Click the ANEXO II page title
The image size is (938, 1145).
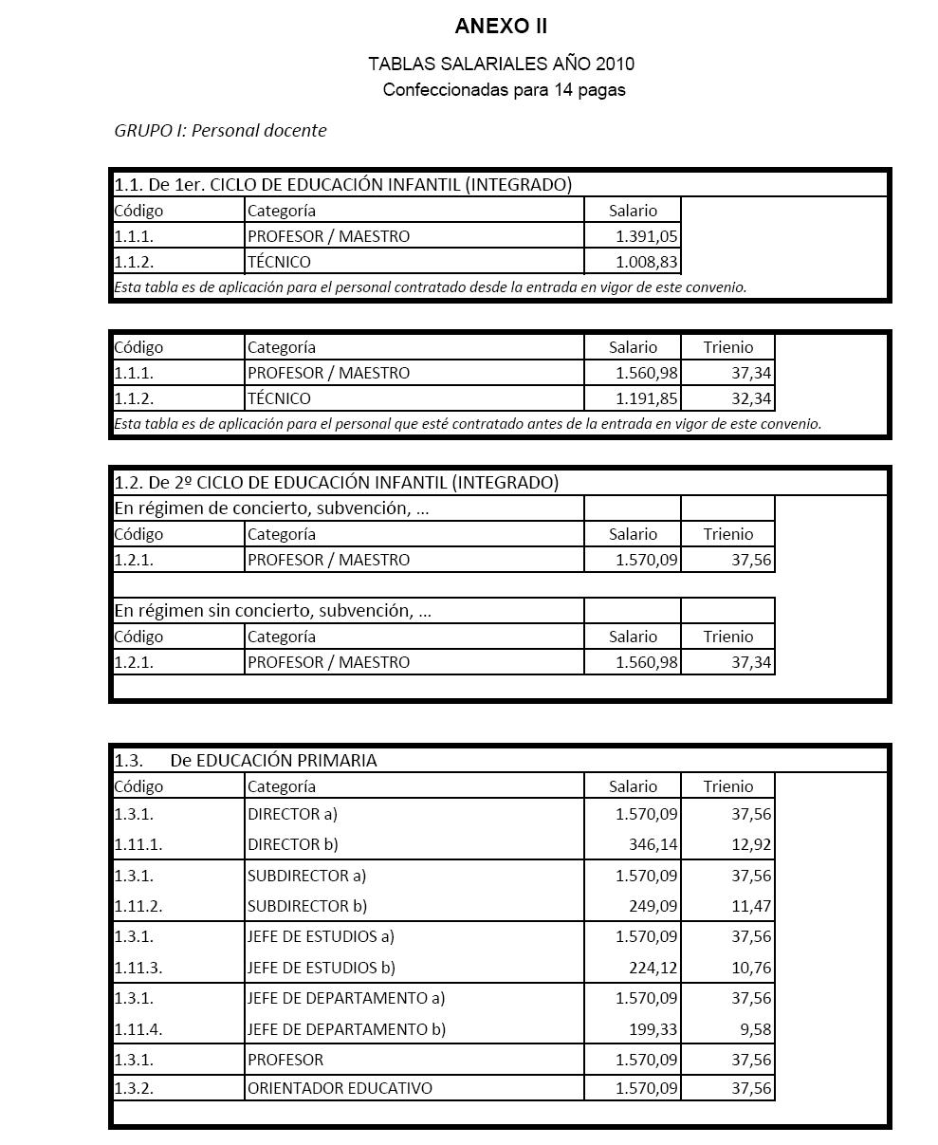coord(501,26)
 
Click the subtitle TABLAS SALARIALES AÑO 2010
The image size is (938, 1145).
coord(501,65)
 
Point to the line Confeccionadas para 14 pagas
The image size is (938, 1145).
coord(504,90)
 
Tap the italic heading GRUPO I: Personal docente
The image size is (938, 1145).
coord(220,131)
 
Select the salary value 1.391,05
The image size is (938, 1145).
coord(646,236)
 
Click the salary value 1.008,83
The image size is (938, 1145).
coord(646,262)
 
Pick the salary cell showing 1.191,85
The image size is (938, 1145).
coord(646,398)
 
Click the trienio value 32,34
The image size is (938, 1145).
coord(751,398)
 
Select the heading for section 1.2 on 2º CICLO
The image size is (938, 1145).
coord(337,482)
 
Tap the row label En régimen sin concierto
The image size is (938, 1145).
coord(272,611)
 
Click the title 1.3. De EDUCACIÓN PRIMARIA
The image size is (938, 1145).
coord(246,760)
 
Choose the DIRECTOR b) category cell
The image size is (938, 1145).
coord(293,844)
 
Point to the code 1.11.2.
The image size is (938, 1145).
coord(138,906)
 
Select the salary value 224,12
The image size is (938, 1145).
coord(653,968)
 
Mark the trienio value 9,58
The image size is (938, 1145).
coord(755,1029)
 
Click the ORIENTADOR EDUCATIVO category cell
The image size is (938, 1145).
coord(340,1088)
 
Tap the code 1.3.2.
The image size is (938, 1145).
coord(134,1088)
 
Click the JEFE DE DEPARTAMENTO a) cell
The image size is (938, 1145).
coord(346,998)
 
